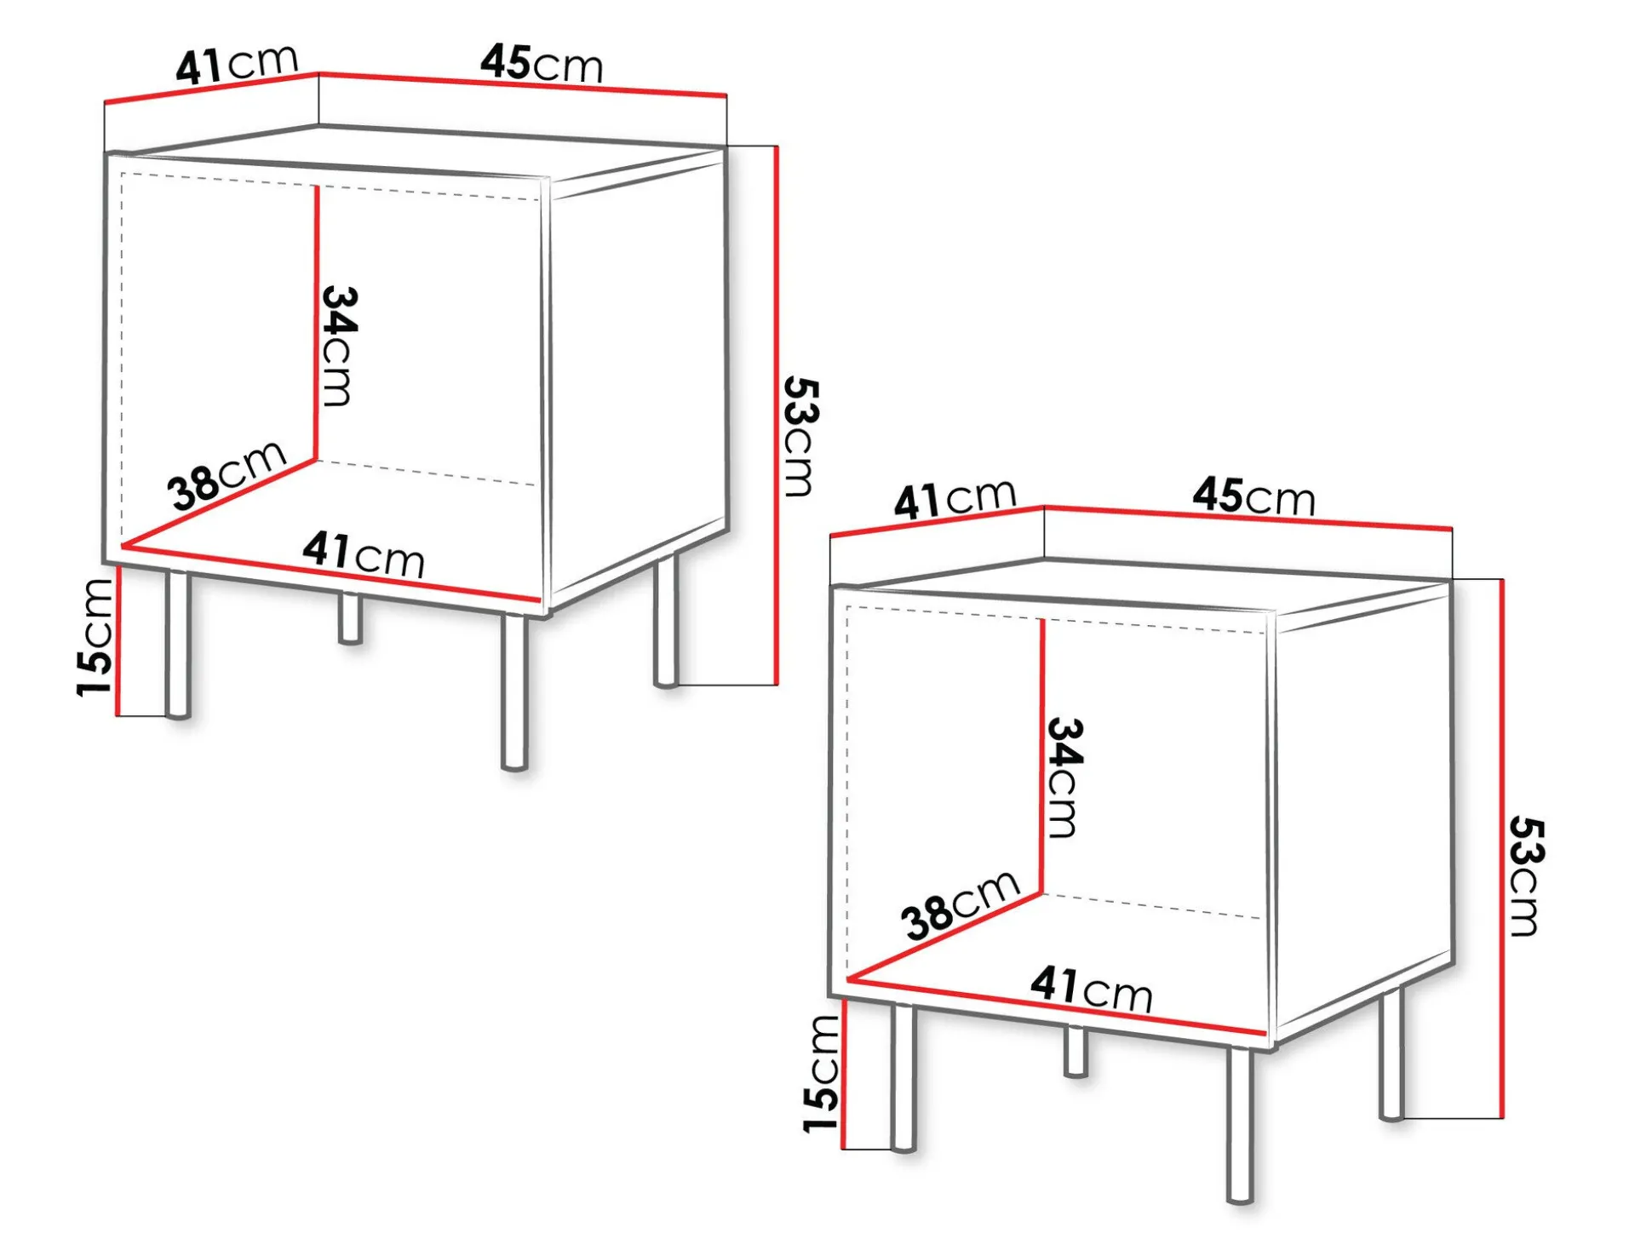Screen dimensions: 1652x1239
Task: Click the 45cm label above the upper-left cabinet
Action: (x=542, y=64)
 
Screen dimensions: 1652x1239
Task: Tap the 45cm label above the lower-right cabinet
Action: (x=1253, y=496)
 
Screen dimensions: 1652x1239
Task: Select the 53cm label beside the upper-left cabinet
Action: (x=800, y=437)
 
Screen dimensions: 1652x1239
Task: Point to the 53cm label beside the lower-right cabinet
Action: (x=1526, y=876)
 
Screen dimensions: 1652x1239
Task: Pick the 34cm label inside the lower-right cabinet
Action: (x=1064, y=778)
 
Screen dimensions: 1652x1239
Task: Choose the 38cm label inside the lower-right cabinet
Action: (x=961, y=905)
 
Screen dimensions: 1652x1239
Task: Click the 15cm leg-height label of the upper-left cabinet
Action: (x=95, y=638)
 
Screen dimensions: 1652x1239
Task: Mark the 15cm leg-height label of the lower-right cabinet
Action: (x=821, y=1074)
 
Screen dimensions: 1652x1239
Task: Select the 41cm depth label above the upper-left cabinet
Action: (x=237, y=64)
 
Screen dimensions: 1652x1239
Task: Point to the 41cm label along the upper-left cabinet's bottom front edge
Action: (x=364, y=554)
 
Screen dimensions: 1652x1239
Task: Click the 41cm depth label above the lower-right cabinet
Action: (x=955, y=498)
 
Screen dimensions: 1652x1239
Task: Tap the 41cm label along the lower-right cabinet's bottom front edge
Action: (x=1091, y=989)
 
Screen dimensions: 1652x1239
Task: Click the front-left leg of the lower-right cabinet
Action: (x=903, y=1078)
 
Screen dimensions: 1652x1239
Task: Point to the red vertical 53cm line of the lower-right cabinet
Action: (x=1502, y=848)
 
